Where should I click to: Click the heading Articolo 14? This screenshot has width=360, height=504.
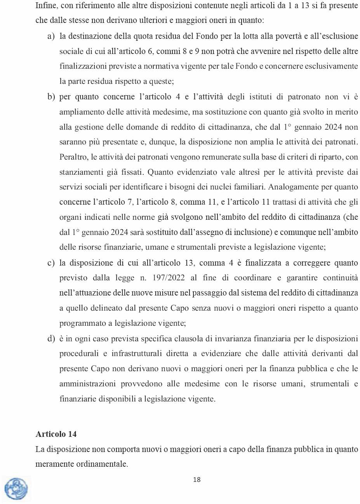[x=56, y=434]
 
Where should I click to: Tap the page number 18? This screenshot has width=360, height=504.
[x=197, y=480]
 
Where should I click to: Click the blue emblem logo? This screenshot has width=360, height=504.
[x=16, y=488]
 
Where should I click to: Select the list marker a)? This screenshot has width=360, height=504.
[x=51, y=36]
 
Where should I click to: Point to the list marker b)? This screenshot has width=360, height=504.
[x=51, y=97]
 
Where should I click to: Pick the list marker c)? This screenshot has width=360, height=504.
[x=51, y=263]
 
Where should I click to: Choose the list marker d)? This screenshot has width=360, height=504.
[x=51, y=339]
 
